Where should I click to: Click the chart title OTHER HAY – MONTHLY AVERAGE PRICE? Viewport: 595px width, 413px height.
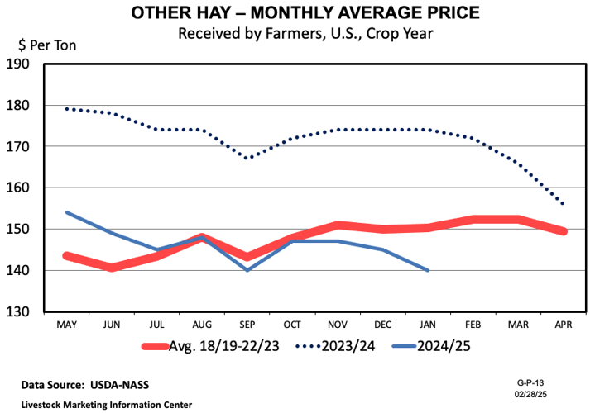pyautogui.click(x=297, y=14)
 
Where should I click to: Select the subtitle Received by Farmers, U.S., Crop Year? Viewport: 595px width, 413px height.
pyautogui.click(x=297, y=34)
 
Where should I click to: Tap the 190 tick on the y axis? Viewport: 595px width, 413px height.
pyautogui.click(x=18, y=64)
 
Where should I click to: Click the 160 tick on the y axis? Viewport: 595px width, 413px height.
pyautogui.click(x=18, y=188)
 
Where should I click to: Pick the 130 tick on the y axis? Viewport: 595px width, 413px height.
pyautogui.click(x=18, y=312)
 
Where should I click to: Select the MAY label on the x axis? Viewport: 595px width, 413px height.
pyautogui.click(x=66, y=325)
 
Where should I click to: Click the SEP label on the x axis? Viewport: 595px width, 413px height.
pyautogui.click(x=247, y=325)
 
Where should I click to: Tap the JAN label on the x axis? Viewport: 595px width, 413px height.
pyautogui.click(x=428, y=325)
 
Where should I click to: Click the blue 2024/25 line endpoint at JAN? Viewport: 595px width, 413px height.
pyautogui.click(x=428, y=270)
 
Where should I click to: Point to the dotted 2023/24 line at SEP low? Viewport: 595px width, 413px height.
pyautogui.click(x=247, y=158)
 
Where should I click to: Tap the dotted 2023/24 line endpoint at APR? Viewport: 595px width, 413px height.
pyautogui.click(x=564, y=204)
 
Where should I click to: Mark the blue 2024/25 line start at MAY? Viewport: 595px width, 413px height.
pyautogui.click(x=66, y=212)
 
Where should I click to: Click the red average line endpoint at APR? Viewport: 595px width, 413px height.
pyautogui.click(x=564, y=231)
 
